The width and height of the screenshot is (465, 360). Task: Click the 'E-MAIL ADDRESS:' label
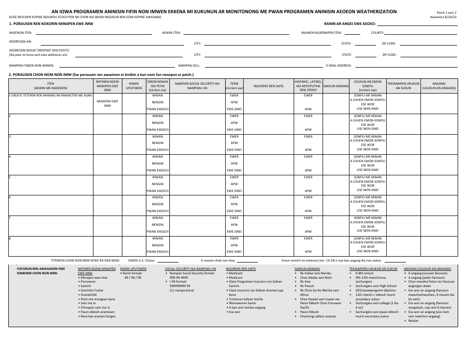click(x=339, y=65)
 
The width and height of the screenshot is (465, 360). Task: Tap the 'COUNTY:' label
click(x=377, y=33)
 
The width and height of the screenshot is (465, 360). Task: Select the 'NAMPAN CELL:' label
click(x=189, y=65)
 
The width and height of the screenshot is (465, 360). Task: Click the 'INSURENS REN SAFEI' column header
click(x=268, y=85)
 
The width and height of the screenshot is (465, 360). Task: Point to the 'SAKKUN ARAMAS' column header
click(x=336, y=85)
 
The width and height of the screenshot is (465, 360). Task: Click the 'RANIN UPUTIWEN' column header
click(x=134, y=85)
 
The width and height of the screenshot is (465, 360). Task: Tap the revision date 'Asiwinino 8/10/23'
click(x=442, y=16)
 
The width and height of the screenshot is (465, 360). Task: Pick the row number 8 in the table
click(x=10, y=239)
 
